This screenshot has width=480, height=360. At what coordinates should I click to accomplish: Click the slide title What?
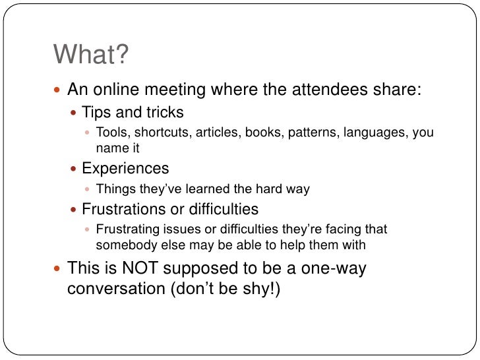[x=90, y=55]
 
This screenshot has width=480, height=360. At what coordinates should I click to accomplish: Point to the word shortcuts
[x=162, y=132]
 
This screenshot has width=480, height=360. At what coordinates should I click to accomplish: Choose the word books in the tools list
[x=262, y=132]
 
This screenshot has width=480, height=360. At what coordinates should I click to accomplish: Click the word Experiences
[x=125, y=169]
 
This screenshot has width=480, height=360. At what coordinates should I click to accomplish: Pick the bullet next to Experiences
[x=73, y=169]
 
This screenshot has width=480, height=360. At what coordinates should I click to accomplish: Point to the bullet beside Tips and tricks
[x=73, y=113]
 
